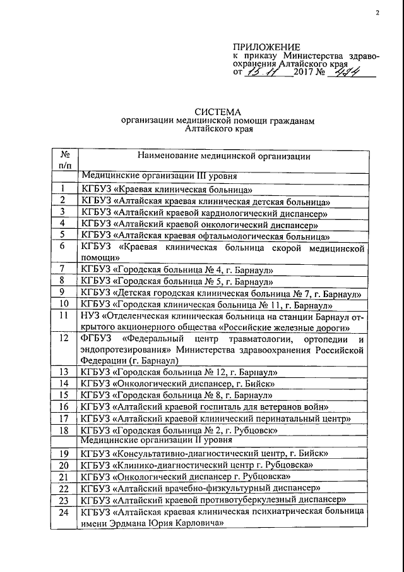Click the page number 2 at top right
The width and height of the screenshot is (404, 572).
tap(377, 13)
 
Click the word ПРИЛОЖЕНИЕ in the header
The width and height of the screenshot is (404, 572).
tap(266, 46)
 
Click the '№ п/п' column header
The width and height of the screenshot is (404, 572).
tap(64, 159)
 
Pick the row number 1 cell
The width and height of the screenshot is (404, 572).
tap(64, 189)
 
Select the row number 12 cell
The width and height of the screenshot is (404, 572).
tap(64, 338)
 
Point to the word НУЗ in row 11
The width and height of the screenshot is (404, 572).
tap(90, 314)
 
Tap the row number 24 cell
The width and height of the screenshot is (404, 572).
tap(64, 511)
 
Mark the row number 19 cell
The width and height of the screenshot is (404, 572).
tap(64, 453)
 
